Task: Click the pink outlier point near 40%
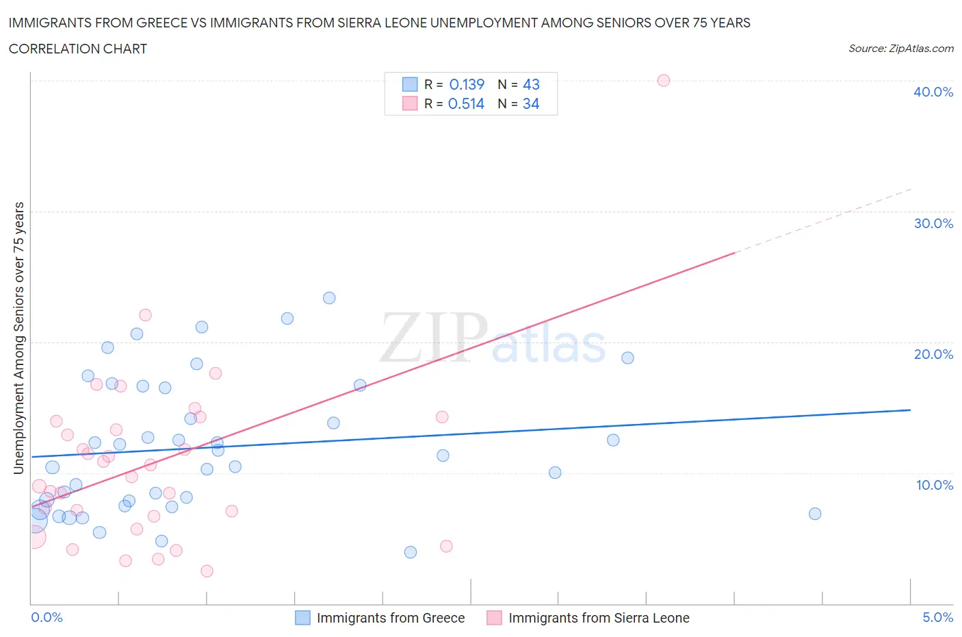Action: (663, 80)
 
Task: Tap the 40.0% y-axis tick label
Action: (933, 92)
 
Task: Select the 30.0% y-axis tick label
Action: (933, 223)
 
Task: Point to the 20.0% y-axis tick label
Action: (933, 354)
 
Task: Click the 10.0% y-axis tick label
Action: (934, 485)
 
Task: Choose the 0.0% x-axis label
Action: (47, 617)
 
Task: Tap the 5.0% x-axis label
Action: (937, 617)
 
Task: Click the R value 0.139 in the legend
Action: (467, 84)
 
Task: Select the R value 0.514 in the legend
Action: (466, 103)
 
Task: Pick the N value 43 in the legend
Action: (531, 84)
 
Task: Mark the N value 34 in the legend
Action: (531, 103)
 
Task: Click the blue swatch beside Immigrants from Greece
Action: (302, 618)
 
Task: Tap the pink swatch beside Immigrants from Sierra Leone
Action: (494, 618)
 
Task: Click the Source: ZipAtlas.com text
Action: (900, 49)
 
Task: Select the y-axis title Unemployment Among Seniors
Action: (18, 338)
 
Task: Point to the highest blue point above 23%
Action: (329, 298)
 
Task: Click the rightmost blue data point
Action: (814, 514)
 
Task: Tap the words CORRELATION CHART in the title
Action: (78, 49)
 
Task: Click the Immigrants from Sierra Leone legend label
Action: (599, 618)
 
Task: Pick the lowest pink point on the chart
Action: (207, 571)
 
